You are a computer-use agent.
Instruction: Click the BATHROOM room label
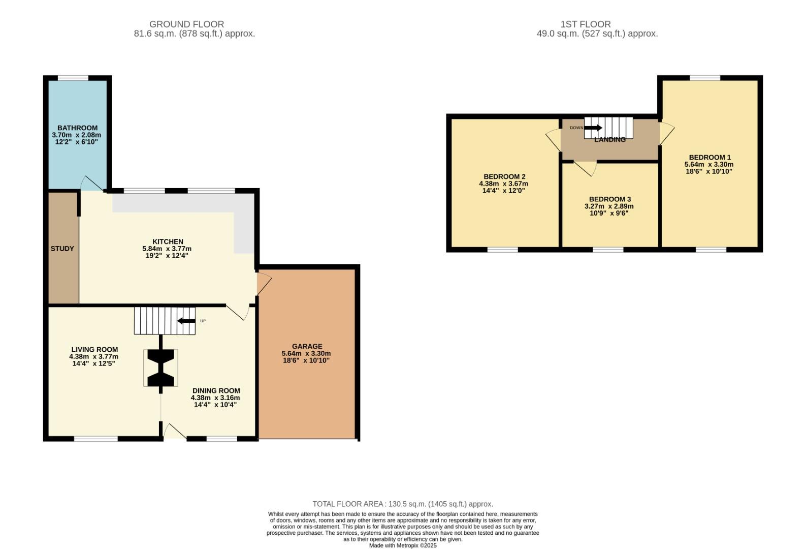click(77, 128)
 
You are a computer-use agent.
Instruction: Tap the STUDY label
click(62, 249)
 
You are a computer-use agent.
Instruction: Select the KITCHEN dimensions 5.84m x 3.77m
click(167, 249)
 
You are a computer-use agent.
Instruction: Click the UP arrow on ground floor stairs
click(186, 321)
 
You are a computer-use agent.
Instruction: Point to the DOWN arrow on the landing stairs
click(593, 128)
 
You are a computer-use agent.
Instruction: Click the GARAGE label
click(307, 347)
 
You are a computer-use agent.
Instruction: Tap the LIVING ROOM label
click(94, 350)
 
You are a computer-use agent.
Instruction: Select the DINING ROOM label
click(216, 391)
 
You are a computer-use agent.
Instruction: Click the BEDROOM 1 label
click(710, 158)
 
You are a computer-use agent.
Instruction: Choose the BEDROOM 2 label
click(504, 177)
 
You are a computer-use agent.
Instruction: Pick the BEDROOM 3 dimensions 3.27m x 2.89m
click(609, 206)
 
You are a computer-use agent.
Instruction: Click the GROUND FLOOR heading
click(186, 24)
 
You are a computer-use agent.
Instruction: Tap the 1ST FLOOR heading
click(586, 24)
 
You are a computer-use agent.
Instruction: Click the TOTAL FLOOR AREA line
click(403, 504)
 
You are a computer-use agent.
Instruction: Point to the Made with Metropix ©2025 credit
click(403, 545)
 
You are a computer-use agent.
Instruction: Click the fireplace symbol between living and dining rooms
click(161, 368)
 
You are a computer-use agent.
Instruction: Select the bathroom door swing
click(91, 184)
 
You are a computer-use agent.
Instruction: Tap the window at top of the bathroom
click(73, 78)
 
